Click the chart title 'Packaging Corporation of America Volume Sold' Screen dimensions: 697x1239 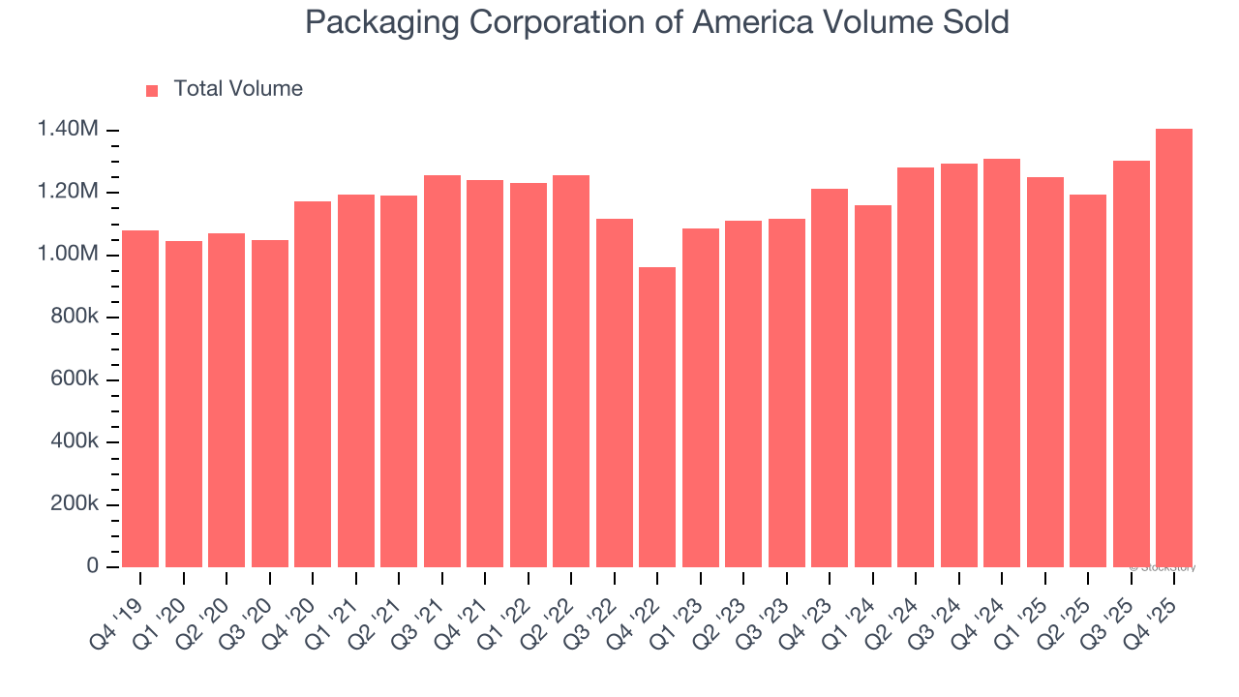(x=657, y=22)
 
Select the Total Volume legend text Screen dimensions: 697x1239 (x=238, y=89)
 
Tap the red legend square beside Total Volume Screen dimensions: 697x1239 (x=152, y=91)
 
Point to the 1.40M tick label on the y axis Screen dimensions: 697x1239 (x=68, y=130)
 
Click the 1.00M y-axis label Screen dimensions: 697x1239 (x=68, y=255)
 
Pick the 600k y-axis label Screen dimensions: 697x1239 (x=74, y=379)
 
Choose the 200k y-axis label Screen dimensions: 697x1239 (x=74, y=504)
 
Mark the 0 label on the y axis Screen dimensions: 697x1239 (x=93, y=566)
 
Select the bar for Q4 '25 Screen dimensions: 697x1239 (x=1173, y=348)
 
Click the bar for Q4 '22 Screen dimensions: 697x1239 (x=657, y=416)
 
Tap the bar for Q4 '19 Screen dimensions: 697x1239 (x=140, y=398)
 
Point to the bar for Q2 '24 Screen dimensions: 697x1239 (x=916, y=367)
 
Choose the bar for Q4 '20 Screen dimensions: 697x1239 (x=313, y=383)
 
